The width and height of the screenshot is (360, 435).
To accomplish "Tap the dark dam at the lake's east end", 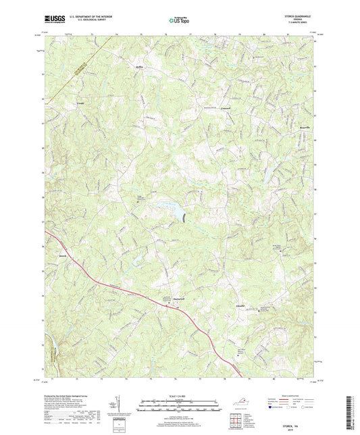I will point(184,216).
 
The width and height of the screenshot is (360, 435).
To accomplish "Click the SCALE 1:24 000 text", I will point(179,396).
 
